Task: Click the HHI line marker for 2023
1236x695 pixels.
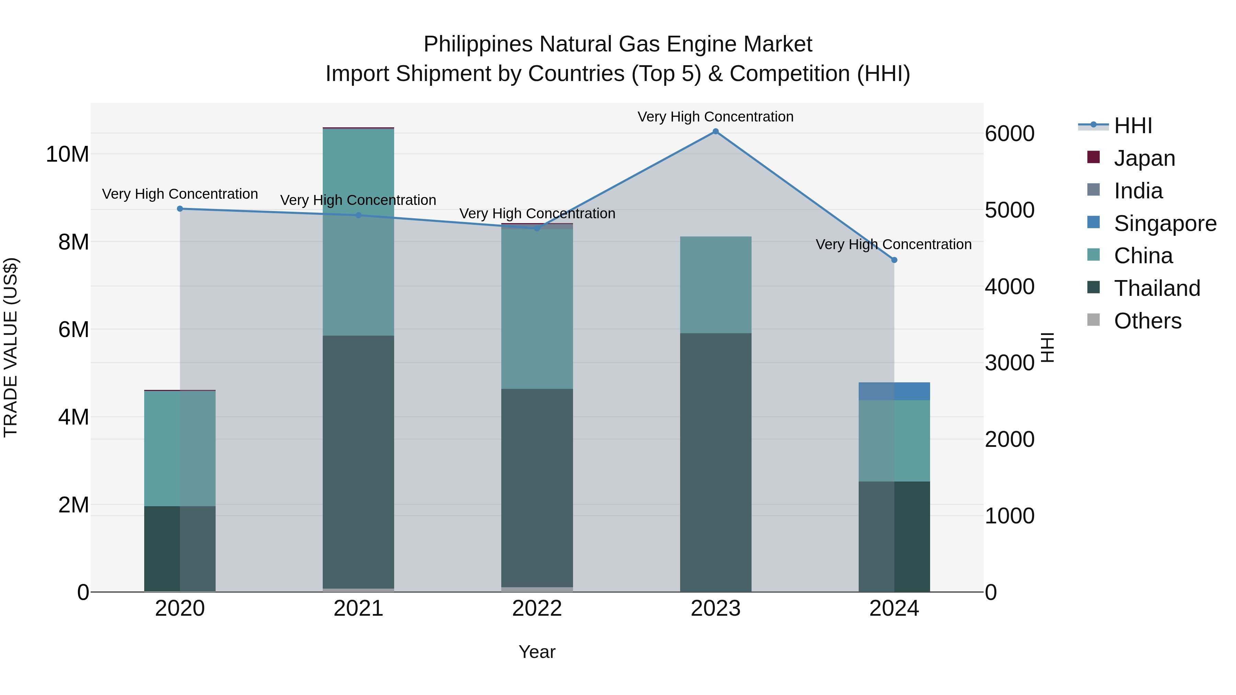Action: [716, 131]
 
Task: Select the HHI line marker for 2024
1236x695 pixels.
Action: [894, 260]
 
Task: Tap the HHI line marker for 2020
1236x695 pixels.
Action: [180, 209]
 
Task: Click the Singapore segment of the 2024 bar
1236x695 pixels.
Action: [894, 391]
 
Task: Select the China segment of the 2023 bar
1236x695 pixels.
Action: [716, 285]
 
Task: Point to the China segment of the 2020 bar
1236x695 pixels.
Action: [180, 449]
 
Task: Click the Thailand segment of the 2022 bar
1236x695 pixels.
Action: [537, 488]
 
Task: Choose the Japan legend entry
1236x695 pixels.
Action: [1144, 158]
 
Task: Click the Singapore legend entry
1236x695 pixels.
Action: [1165, 223]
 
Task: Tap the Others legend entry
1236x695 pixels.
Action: [1147, 321]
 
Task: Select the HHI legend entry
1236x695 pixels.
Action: [1133, 126]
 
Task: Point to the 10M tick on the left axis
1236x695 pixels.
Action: [67, 154]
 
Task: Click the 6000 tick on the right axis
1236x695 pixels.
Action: [1009, 134]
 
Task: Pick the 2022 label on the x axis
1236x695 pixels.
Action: [537, 609]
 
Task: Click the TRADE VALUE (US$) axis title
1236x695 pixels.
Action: [11, 347]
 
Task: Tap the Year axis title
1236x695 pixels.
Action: [537, 652]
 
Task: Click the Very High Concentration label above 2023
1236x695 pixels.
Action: [716, 117]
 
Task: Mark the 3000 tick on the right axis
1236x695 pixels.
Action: [1009, 363]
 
